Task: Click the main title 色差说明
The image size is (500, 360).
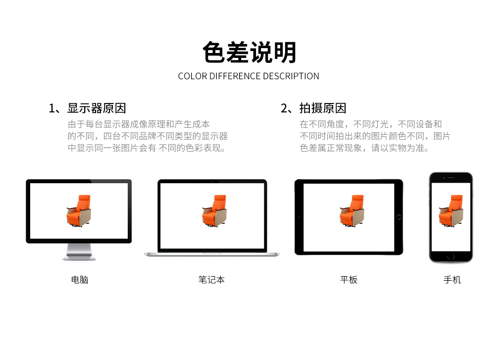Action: tap(250, 52)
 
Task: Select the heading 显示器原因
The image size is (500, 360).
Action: tap(97, 108)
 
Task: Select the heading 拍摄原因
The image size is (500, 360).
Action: tap(323, 108)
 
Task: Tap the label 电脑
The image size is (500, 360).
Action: tap(79, 280)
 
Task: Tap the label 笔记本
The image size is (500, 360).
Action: tap(211, 280)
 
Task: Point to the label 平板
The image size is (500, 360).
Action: tap(349, 280)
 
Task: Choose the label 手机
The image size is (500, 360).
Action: tap(452, 280)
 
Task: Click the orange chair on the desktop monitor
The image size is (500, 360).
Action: tap(79, 211)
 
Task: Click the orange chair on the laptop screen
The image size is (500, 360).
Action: tap(214, 211)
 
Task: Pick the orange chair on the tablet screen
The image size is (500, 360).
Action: tap(352, 211)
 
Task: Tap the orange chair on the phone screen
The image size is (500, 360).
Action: tap(451, 211)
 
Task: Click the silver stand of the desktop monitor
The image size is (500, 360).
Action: tap(79, 252)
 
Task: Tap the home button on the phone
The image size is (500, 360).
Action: tap(451, 257)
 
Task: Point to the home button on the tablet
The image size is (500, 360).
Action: tap(399, 217)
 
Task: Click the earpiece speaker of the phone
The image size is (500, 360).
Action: tap(451, 178)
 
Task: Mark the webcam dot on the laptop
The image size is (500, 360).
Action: tap(212, 181)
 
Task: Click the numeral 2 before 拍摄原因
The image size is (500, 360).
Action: tap(284, 108)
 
